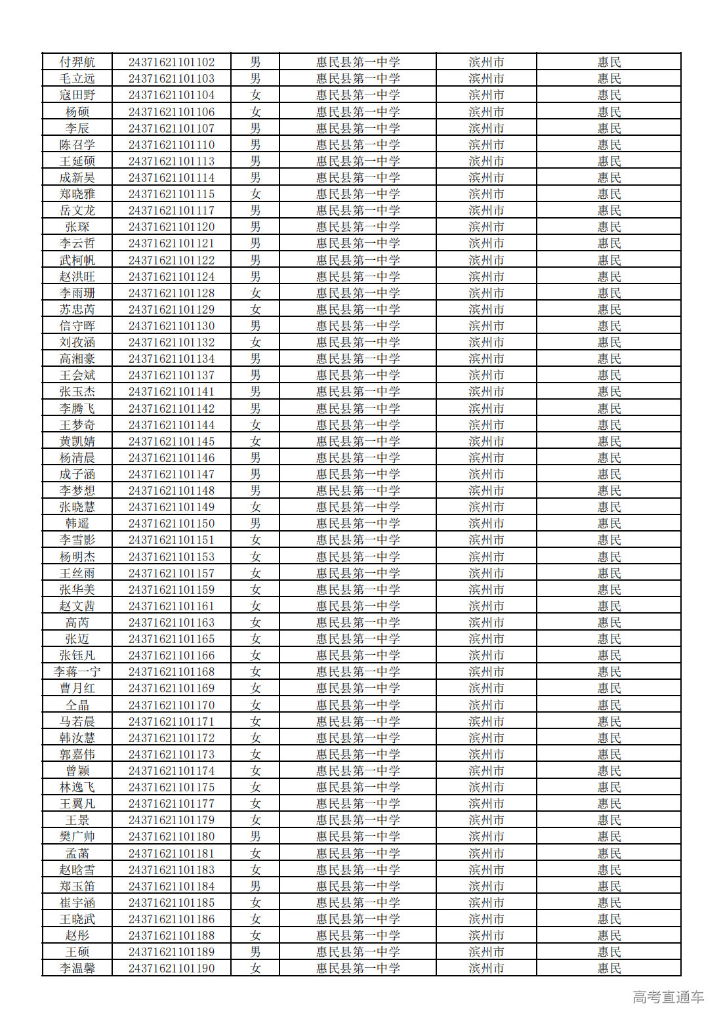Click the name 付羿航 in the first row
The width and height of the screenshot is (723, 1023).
tap(77, 62)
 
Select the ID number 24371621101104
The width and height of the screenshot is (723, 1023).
tap(171, 95)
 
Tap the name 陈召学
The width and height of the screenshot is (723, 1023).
tap(77, 145)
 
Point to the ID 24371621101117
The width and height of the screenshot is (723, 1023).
tap(171, 211)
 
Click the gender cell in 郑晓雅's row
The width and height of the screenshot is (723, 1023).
tap(255, 194)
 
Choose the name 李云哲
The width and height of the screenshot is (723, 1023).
tap(77, 243)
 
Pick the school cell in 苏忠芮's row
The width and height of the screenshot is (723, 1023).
tap(358, 310)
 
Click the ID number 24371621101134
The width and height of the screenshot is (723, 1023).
tap(171, 359)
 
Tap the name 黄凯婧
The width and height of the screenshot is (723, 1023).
tap(77, 442)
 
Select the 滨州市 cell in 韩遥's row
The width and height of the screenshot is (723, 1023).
tap(486, 524)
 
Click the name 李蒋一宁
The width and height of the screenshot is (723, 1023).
tap(77, 672)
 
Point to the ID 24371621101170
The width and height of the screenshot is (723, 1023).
tap(171, 705)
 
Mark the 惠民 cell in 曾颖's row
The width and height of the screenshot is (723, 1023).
tap(609, 771)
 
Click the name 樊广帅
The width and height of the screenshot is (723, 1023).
tap(77, 837)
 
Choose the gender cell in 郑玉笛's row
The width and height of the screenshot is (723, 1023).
tap(255, 887)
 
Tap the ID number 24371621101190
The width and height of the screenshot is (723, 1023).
tap(171, 969)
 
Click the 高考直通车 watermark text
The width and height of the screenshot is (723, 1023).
tap(668, 997)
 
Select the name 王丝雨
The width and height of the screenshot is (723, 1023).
tap(77, 574)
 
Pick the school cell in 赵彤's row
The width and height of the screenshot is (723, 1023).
tap(358, 936)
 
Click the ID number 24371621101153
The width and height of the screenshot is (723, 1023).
tap(171, 557)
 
